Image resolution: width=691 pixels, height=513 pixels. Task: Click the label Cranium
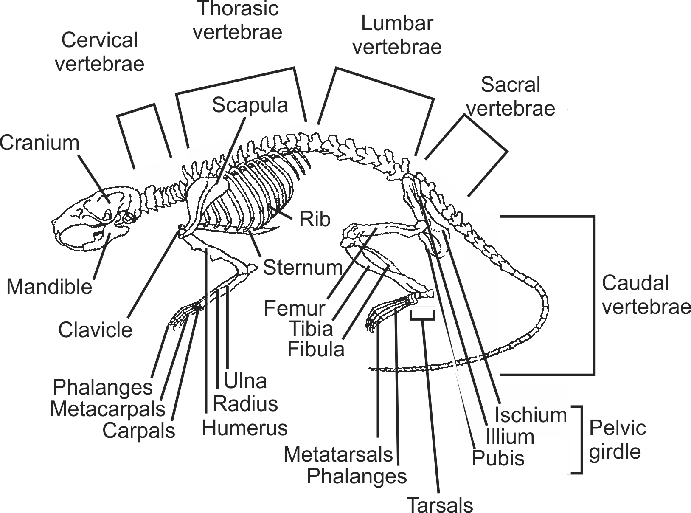39,143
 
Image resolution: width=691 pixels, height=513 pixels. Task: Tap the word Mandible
49,287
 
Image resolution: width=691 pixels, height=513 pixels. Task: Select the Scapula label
250,105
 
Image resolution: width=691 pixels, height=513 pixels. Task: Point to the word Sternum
303,268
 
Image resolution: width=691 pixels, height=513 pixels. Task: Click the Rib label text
315,220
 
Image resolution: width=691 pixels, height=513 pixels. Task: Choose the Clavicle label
95,330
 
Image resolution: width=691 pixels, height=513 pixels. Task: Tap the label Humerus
245,428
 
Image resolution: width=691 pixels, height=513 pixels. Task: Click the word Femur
294,308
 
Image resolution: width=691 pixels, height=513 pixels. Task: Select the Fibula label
316,349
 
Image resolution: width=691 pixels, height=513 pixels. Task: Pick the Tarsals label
440,505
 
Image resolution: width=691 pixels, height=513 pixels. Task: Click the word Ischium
531,414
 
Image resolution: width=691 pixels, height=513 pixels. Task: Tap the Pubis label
498,458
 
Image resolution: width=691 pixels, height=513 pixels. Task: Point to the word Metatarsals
338,454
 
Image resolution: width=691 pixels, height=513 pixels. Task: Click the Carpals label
139,431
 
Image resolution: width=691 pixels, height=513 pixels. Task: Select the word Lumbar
397,23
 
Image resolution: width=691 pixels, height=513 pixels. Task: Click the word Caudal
635,283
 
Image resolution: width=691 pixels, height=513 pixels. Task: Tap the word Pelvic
618,428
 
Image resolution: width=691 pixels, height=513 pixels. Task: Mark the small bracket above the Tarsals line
422,315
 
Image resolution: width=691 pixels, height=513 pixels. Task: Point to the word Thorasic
238,8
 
